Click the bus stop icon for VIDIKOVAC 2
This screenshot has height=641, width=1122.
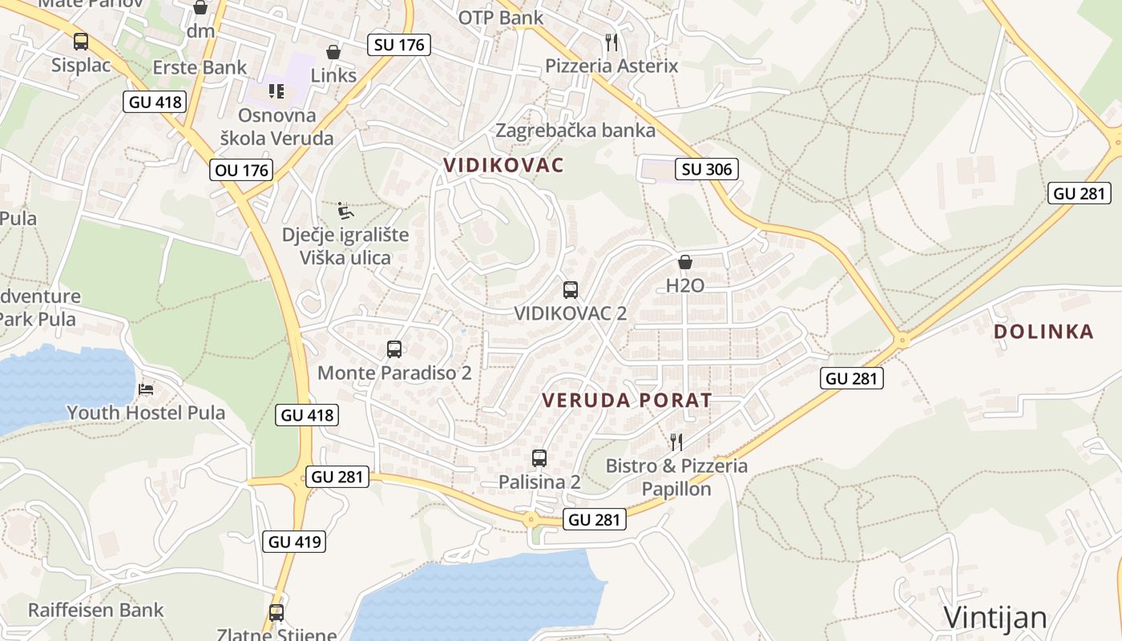(x=571, y=289)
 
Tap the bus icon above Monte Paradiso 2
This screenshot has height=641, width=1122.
(x=394, y=349)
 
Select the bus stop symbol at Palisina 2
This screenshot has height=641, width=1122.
(x=539, y=458)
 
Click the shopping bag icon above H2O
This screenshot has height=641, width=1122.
(x=685, y=262)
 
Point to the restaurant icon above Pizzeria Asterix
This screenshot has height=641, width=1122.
(x=611, y=41)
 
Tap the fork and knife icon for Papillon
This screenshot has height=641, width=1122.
(x=676, y=441)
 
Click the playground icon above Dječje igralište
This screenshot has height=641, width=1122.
(x=345, y=211)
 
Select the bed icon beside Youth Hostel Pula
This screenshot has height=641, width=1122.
(x=146, y=389)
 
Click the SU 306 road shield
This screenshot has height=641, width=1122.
(x=706, y=169)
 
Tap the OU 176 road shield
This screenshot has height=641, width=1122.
(x=241, y=170)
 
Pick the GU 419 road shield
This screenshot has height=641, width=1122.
(x=295, y=542)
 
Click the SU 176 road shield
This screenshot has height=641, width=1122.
(x=399, y=45)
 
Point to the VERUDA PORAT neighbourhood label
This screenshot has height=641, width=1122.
(x=627, y=401)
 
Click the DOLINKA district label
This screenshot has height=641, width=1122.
(x=1043, y=332)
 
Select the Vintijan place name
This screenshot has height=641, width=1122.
(x=995, y=618)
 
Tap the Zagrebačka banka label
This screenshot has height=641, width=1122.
(x=575, y=130)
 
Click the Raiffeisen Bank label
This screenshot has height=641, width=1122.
(x=95, y=610)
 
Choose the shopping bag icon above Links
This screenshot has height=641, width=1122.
(x=333, y=52)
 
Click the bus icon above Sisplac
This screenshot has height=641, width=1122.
(x=81, y=42)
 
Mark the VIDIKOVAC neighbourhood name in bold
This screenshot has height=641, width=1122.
(x=504, y=166)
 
